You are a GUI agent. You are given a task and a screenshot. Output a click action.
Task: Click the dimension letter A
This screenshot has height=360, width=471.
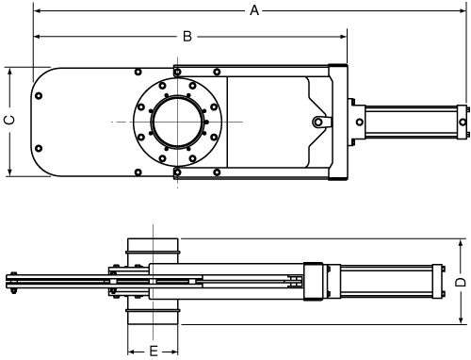pyautogui.click(x=254, y=10)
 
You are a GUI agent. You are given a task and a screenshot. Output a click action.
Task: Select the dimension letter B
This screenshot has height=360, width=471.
pyautogui.click(x=187, y=37)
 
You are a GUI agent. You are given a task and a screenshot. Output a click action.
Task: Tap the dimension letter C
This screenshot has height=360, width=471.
pyautogui.click(x=8, y=120)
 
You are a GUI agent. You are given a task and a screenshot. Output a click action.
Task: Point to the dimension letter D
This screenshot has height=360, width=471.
pyautogui.click(x=461, y=281)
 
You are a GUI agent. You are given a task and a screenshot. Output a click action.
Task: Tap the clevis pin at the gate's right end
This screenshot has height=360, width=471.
pyautogui.click(x=320, y=122)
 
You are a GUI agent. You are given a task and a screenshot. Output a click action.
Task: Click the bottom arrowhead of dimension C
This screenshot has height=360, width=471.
pyautogui.click(x=8, y=172)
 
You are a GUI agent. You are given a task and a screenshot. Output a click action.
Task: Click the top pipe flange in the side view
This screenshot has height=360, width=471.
pyautogui.click(x=154, y=247)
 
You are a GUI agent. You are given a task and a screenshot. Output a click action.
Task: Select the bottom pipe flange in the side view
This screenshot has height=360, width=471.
pyautogui.click(x=154, y=315)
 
